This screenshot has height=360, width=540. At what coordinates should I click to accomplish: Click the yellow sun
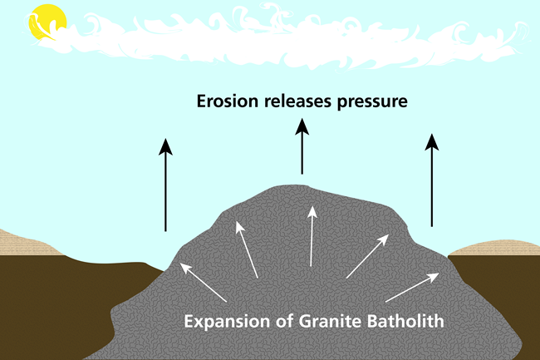(x=46, y=22)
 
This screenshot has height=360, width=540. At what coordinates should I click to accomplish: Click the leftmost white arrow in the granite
(x=203, y=282)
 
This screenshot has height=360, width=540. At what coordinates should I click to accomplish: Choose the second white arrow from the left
(x=248, y=249)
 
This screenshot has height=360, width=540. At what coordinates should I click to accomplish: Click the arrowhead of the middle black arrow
(x=302, y=126)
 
